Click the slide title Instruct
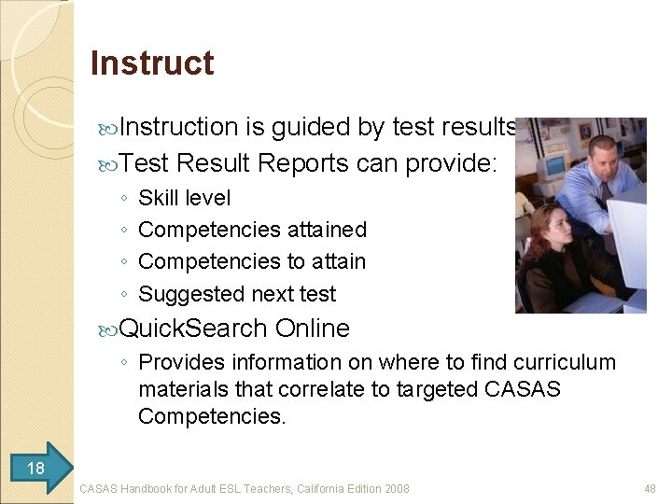click(x=152, y=63)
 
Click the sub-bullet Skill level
click(x=184, y=198)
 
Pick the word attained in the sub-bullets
click(x=327, y=230)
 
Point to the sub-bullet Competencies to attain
click(x=252, y=261)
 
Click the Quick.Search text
click(x=194, y=329)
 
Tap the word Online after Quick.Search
click(x=313, y=329)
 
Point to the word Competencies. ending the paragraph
click(x=212, y=416)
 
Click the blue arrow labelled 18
click(x=38, y=468)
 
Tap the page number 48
click(x=651, y=488)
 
